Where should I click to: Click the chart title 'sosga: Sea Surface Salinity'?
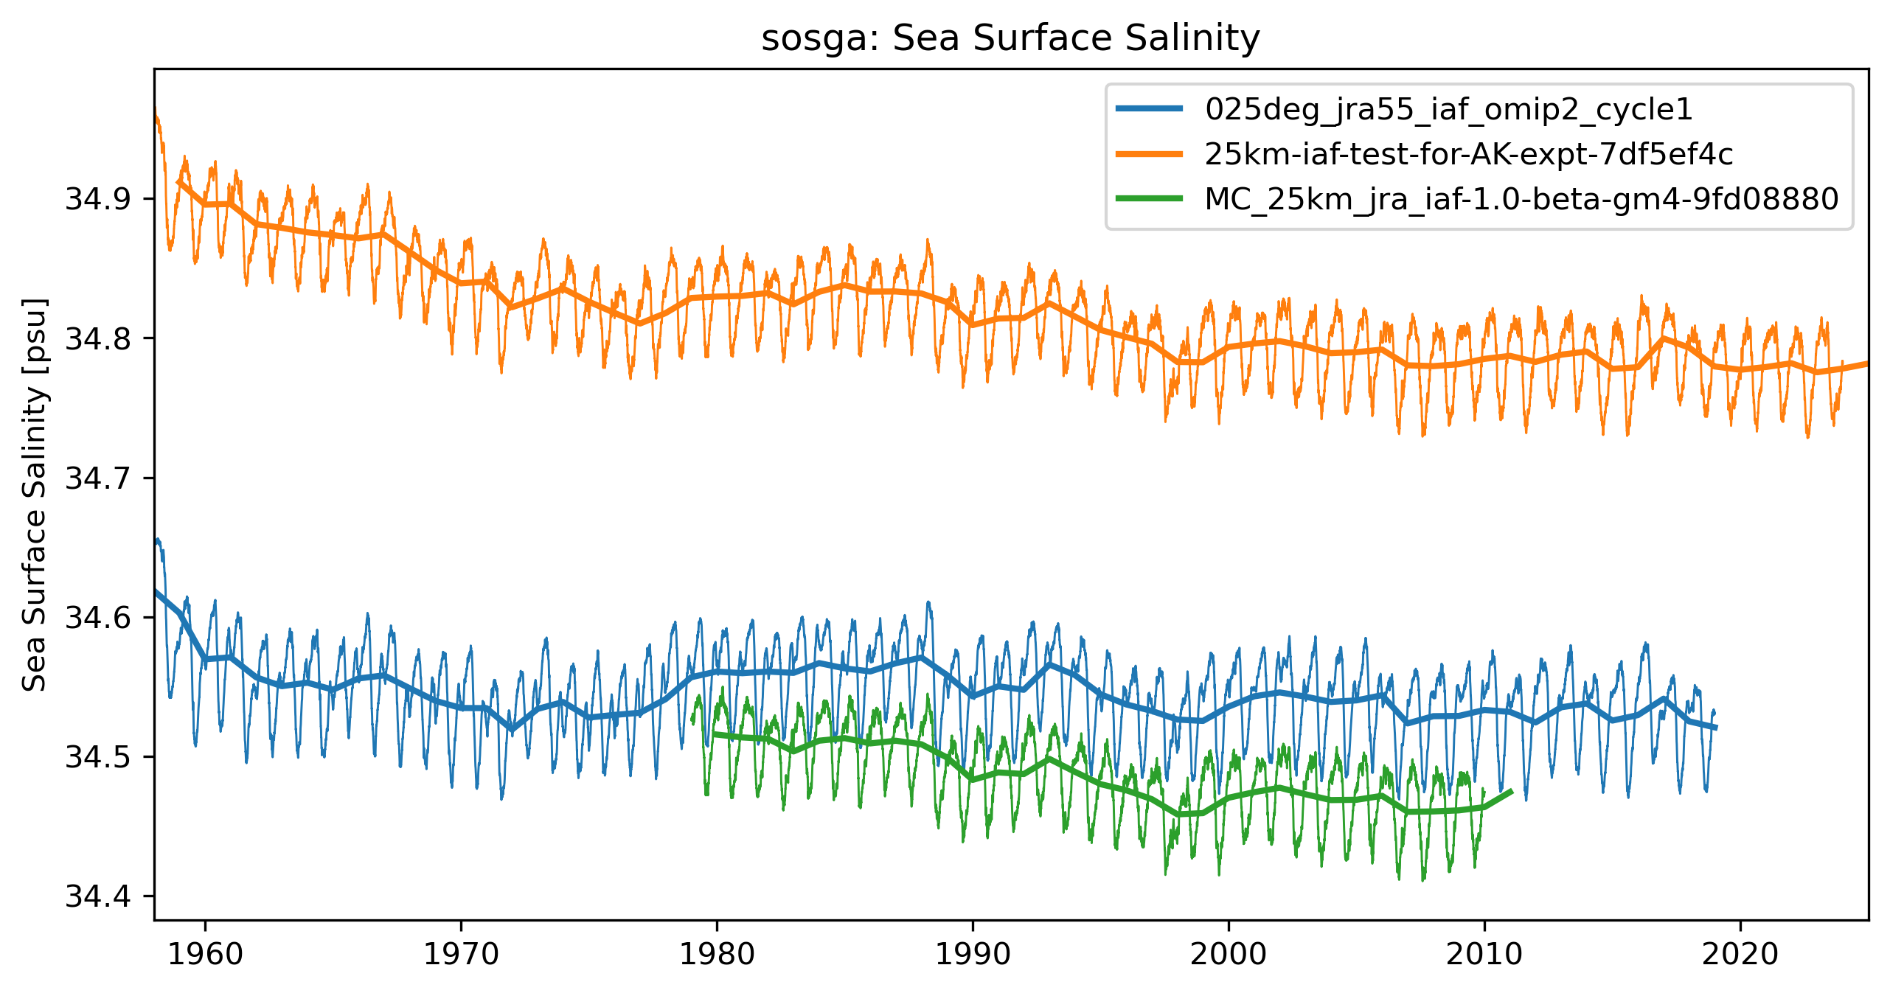(x=1010, y=38)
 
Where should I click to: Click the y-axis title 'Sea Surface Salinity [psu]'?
(x=35, y=495)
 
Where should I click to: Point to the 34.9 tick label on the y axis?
(x=98, y=199)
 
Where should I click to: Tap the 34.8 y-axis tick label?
(x=98, y=338)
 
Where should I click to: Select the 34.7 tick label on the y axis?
(x=98, y=478)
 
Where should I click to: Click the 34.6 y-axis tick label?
(x=98, y=617)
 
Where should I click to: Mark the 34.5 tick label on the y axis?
(x=98, y=757)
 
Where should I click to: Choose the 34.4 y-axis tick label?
(x=98, y=896)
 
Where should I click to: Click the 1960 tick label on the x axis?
(x=205, y=955)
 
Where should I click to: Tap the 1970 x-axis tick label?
(x=461, y=955)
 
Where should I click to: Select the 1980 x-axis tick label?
(x=717, y=955)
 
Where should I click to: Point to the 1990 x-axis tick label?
(x=973, y=955)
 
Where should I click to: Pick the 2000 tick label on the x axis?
(x=1229, y=955)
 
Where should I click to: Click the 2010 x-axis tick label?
(x=1484, y=955)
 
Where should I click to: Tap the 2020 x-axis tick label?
(x=1740, y=955)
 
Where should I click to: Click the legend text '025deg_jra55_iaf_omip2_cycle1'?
(x=1448, y=110)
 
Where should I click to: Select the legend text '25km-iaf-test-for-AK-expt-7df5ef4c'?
(x=1468, y=154)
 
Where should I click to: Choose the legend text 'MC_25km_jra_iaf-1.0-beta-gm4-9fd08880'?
(x=1521, y=199)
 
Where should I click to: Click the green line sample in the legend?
(x=1150, y=198)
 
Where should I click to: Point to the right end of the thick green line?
(x=1512, y=791)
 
